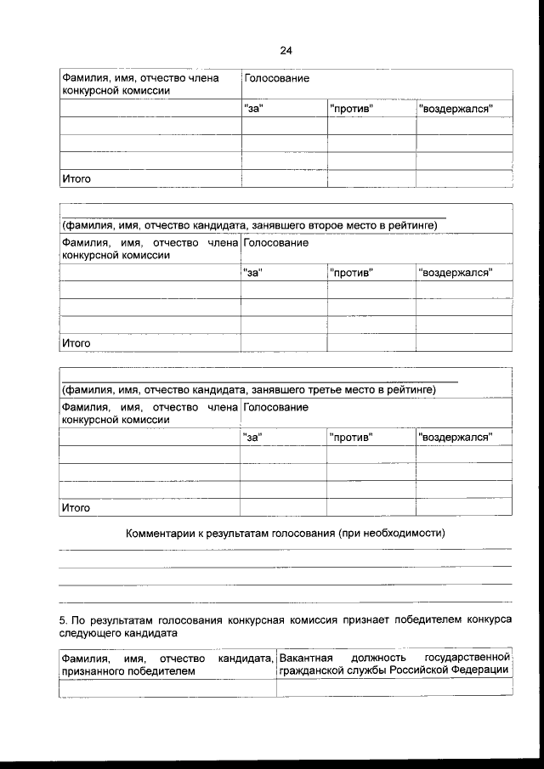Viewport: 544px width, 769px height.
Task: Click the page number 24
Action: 286,50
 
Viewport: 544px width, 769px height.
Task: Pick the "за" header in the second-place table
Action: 252,273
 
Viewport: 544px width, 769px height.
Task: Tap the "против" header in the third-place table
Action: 350,438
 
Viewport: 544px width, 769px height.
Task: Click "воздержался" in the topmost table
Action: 455,108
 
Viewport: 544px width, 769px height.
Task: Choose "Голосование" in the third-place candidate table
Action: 275,408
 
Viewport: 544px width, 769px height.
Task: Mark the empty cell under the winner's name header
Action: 167,688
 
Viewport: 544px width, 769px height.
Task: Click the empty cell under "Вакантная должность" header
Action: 394,688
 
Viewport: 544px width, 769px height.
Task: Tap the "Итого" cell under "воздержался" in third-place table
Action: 463,508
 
